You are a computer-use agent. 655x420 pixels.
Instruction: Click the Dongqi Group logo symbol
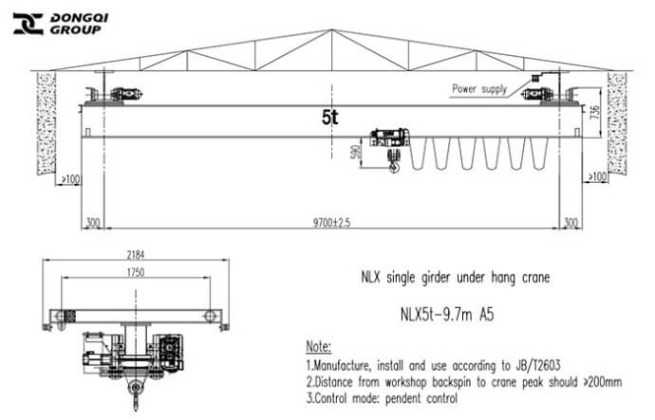[28, 24]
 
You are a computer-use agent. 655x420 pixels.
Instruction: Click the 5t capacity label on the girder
[330, 118]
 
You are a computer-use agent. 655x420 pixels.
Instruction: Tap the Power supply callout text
[479, 89]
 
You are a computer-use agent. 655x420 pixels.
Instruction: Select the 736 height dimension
[594, 113]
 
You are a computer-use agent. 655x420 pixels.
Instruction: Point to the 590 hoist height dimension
[357, 152]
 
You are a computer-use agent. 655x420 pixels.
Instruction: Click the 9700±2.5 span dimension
[331, 223]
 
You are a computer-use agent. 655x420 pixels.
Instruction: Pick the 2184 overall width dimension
[136, 254]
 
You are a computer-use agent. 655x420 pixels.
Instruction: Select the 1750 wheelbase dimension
[136, 272]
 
